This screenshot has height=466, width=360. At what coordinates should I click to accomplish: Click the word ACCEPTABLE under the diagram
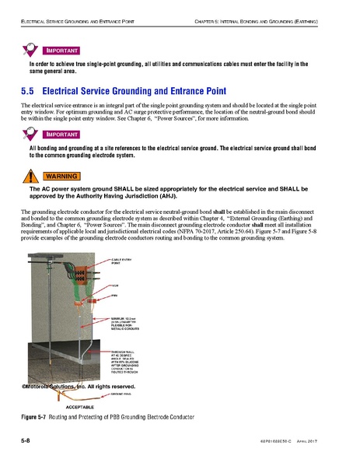point(80,406)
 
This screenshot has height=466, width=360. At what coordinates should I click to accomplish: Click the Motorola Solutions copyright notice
point(74,387)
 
